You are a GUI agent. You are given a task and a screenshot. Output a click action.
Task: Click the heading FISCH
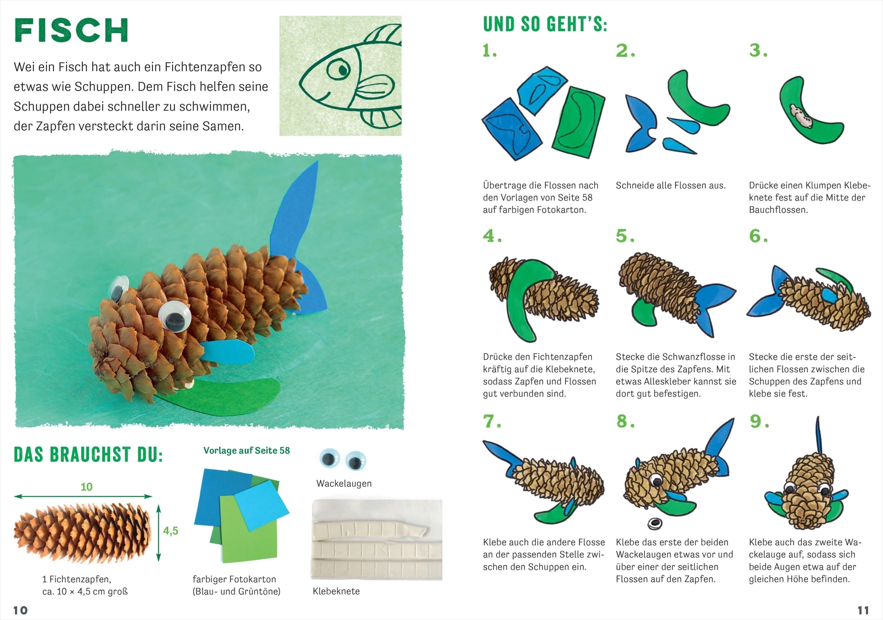(71, 30)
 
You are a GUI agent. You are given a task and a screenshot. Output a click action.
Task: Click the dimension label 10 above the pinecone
(87, 487)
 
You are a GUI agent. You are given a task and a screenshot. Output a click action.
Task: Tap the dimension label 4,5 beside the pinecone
(171, 531)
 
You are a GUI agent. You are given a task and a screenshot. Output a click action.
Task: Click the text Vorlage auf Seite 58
(246, 450)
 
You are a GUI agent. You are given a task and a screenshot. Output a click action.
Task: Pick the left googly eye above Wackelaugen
(329, 459)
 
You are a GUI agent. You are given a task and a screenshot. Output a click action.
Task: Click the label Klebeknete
(336, 591)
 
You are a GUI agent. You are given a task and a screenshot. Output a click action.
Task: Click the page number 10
(20, 610)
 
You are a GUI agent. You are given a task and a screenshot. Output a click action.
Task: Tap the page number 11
(863, 610)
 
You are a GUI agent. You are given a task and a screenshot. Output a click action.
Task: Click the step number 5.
(625, 237)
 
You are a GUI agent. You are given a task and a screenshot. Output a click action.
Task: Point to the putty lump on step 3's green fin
(798, 113)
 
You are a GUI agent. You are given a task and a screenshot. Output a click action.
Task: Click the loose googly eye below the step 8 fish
(655, 522)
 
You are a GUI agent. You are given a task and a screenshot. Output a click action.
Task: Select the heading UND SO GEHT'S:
(545, 25)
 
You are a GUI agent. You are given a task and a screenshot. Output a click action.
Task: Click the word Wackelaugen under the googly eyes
(344, 484)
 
